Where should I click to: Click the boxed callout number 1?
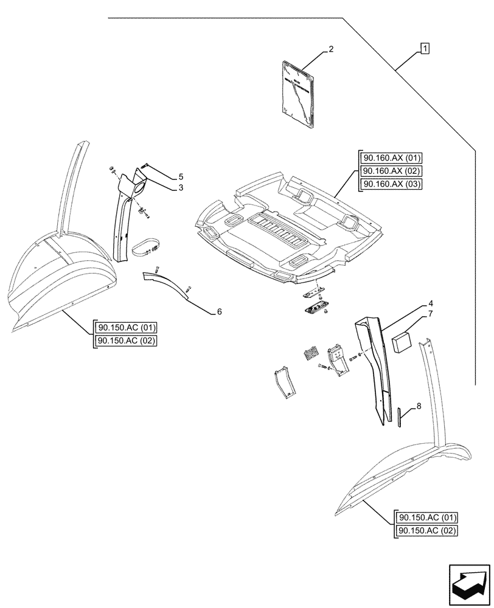tap(424, 48)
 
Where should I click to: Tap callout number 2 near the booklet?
tap(330, 49)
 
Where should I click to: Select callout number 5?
tap(181, 177)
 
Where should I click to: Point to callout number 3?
tap(181, 188)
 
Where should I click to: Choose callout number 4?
tap(414, 303)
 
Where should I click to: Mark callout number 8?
tap(418, 406)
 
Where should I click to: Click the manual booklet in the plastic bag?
tap(299, 95)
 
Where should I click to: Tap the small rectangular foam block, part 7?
tap(403, 342)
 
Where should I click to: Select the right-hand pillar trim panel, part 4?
tap(372, 365)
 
